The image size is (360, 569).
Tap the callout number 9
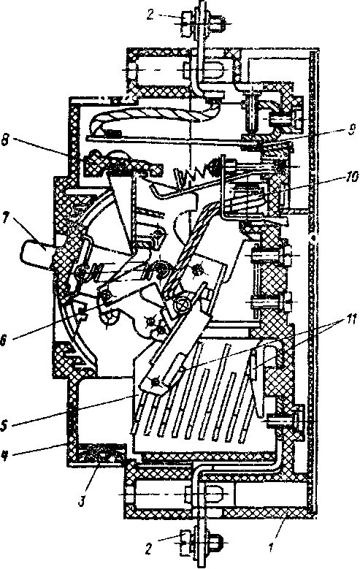(x=351, y=129)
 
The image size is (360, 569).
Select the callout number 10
(x=348, y=179)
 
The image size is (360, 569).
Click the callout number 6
(x=4, y=341)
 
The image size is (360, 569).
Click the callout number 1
(x=271, y=548)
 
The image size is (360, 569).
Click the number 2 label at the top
(x=151, y=15)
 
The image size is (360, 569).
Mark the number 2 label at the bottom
(x=148, y=549)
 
